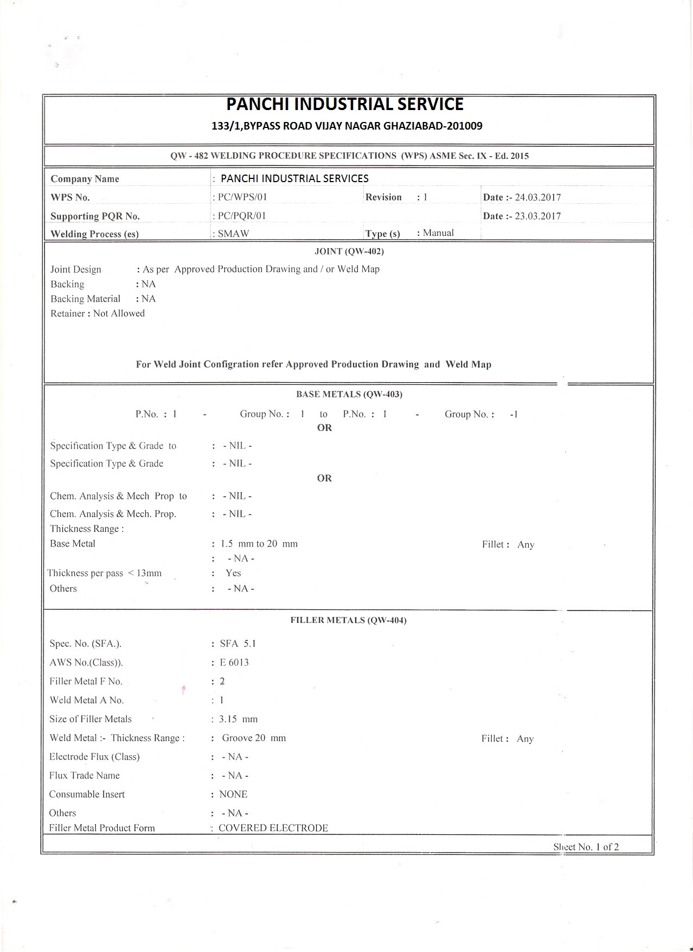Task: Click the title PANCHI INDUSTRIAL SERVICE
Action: [345, 104]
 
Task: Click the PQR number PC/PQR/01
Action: [242, 216]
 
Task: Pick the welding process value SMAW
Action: [233, 234]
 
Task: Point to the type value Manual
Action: [438, 233]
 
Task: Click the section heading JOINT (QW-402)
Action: [349, 252]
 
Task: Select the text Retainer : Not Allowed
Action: [98, 313]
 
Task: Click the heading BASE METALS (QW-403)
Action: [349, 394]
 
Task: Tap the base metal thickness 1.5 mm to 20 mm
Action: [259, 544]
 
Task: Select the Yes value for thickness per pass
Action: [233, 573]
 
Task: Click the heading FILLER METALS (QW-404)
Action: [348, 620]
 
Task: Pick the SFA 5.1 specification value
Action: [238, 644]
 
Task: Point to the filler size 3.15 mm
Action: [238, 719]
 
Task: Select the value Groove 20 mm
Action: [254, 738]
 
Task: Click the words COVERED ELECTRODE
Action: [273, 828]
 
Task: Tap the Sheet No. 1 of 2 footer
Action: [586, 847]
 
